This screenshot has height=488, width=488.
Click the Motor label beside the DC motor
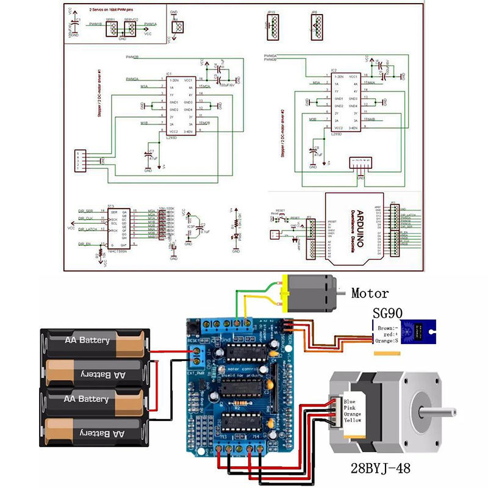point(370,293)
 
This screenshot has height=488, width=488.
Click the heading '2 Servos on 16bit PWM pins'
point(112,10)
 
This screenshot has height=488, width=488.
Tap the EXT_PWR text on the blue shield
point(197,370)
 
